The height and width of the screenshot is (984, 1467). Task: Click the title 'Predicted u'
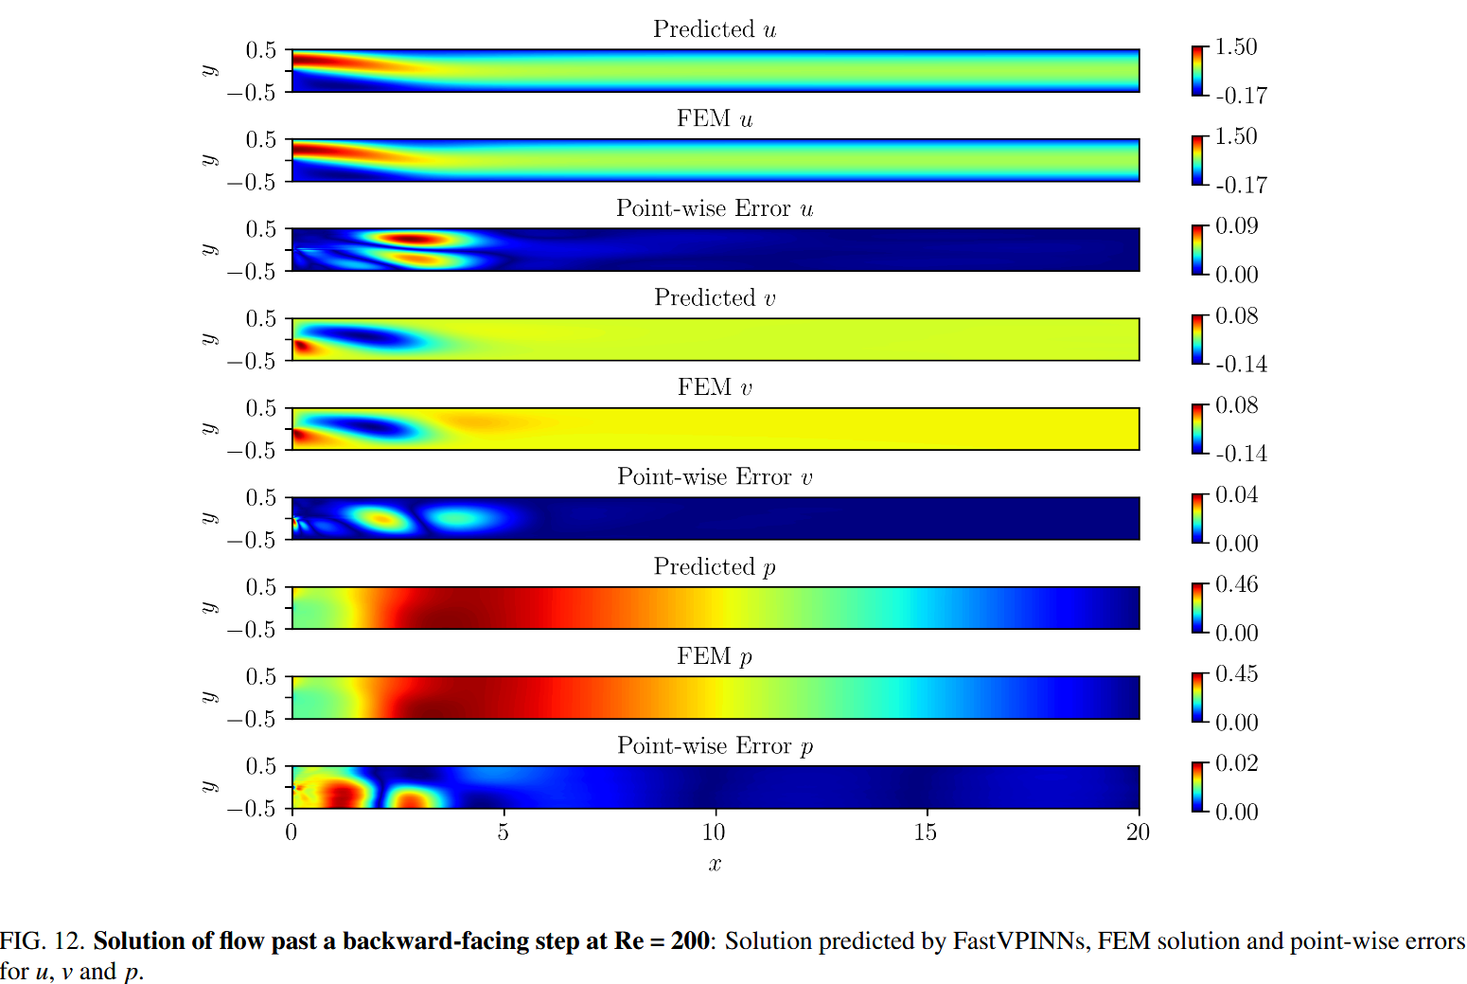pos(715,29)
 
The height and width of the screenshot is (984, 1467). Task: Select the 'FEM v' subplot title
pos(715,387)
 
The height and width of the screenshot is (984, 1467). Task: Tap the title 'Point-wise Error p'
pos(715,746)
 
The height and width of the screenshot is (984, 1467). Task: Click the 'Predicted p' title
pos(715,567)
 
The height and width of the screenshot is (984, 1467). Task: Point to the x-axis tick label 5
pos(503,832)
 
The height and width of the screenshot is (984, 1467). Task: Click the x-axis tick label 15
pos(925,832)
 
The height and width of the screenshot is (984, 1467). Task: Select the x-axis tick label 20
pos(1138,832)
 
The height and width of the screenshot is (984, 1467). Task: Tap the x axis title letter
pos(715,864)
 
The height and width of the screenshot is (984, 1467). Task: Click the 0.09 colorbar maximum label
pos(1236,226)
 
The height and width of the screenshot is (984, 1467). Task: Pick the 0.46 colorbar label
pos(1236,584)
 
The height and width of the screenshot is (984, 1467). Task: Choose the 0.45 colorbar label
pos(1236,674)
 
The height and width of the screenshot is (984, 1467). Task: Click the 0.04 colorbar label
pos(1236,495)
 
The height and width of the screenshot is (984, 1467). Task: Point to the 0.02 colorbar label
pos(1236,763)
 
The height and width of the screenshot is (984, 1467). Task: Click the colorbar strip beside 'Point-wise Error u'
pos(1198,250)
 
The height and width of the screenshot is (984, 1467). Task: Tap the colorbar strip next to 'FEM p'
pos(1198,698)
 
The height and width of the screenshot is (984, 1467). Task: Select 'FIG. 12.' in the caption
pos(43,941)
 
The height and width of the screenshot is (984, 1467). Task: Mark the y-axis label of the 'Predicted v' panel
pos(208,339)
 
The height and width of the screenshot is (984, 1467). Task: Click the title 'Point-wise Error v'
pos(715,477)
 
